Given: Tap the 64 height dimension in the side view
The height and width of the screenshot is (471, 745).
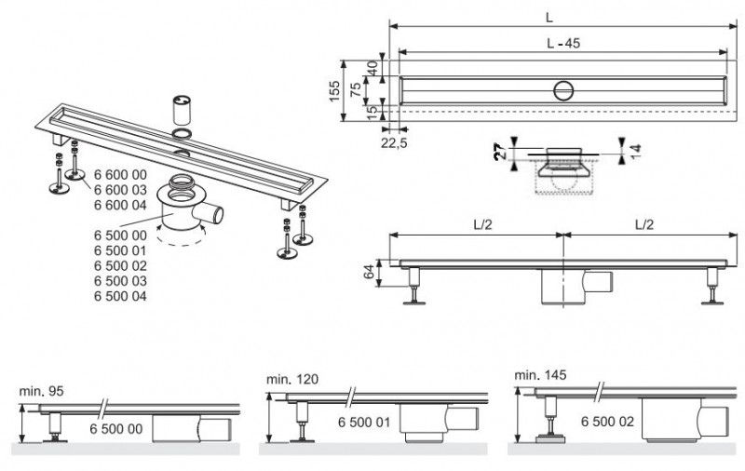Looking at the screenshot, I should [x=370, y=271].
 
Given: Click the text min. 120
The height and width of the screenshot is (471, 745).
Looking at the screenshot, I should [x=285, y=379].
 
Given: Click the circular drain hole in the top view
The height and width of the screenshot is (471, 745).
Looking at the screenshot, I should [x=562, y=90].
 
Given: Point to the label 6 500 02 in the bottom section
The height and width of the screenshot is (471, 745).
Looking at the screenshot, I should [x=607, y=422].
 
